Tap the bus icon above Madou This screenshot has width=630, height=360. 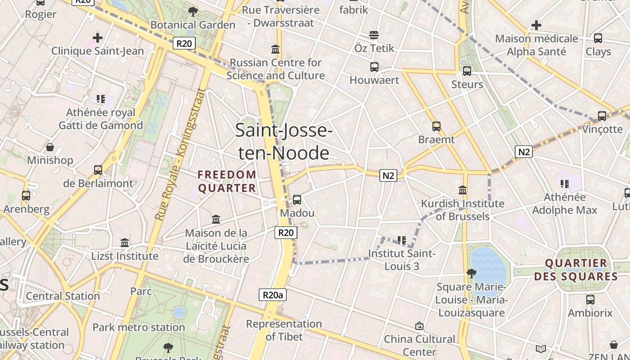[x=297, y=199]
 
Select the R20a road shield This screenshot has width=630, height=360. [x=273, y=295]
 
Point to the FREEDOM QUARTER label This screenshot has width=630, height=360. [x=227, y=181]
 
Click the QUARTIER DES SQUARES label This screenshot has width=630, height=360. [x=576, y=270]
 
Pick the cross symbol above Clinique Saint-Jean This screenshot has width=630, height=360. [x=98, y=38]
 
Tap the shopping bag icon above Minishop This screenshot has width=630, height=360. [x=50, y=147]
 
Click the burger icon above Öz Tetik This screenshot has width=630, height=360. [x=374, y=35]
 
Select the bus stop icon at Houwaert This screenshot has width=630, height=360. [x=374, y=67]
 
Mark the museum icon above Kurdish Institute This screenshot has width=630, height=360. [x=463, y=190]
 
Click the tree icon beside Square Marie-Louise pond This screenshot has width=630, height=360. [x=471, y=273]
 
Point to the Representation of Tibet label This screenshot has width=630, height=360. [x=284, y=330]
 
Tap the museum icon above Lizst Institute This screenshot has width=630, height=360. [x=125, y=243]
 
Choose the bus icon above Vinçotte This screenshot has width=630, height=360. [x=602, y=116]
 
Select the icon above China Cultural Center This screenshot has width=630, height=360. [x=419, y=326]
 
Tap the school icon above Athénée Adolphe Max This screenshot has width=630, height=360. [x=565, y=184]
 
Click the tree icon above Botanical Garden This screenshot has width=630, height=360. [x=193, y=12]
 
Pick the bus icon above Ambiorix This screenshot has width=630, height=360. [x=590, y=299]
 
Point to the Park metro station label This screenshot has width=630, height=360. [x=139, y=327]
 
